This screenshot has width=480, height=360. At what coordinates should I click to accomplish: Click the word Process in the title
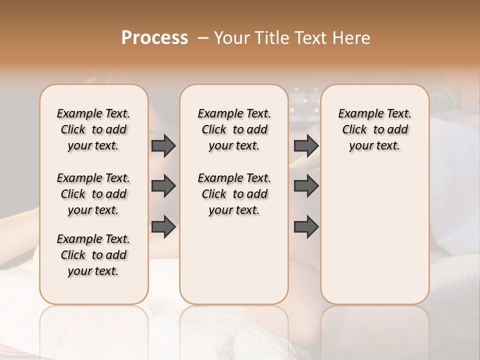(154, 38)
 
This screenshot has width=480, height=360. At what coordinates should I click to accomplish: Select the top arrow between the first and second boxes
(163, 145)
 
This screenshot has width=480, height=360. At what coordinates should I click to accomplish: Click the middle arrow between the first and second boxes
(163, 186)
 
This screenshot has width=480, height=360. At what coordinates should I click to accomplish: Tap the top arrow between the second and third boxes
(306, 145)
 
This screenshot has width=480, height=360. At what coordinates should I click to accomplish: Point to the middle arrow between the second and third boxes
(306, 186)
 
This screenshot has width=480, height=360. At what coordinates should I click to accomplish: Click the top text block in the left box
(93, 129)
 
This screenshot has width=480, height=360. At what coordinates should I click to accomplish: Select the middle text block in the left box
(93, 194)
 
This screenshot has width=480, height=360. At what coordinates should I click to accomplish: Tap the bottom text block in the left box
(93, 255)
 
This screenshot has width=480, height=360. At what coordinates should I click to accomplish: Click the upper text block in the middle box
(234, 129)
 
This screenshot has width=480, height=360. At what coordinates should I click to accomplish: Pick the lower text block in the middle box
(234, 194)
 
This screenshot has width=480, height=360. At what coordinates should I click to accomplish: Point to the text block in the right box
(374, 129)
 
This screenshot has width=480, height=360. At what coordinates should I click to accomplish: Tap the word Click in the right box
(354, 130)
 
